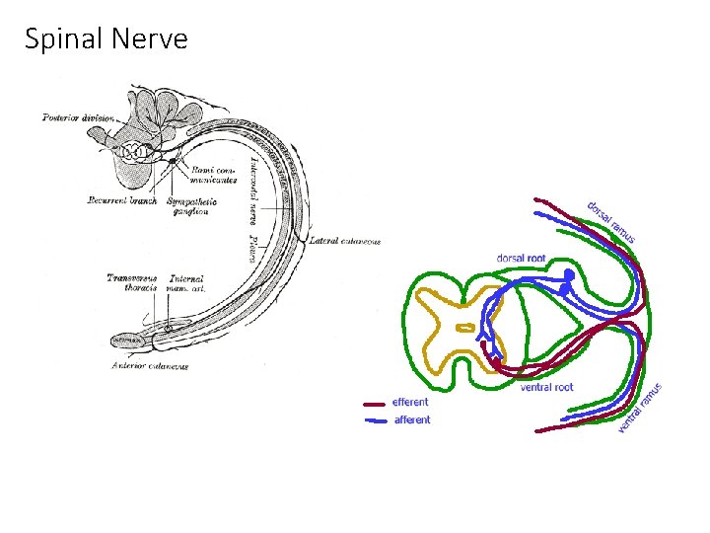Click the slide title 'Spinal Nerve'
[106, 39]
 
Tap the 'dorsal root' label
[521, 259]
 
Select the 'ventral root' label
[546, 387]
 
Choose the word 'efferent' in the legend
[410, 402]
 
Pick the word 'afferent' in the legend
[412, 419]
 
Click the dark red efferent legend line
[375, 403]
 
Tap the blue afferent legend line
[375, 420]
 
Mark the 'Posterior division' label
[78, 117]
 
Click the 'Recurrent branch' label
[116, 201]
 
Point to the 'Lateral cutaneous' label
[344, 241]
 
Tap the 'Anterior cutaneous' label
[150, 366]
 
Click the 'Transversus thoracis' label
[131, 283]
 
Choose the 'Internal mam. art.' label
[188, 283]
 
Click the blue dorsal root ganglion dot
[568, 277]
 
